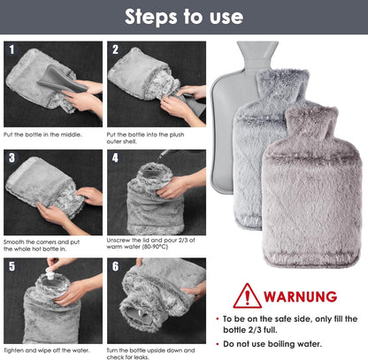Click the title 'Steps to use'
[x=184, y=16]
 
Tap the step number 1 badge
[x=12, y=50]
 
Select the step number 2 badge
[x=116, y=50]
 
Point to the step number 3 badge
[x=12, y=159]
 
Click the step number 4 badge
[x=116, y=159]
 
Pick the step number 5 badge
[x=12, y=266]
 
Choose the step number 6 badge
[x=116, y=266]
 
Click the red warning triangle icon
[x=247, y=295]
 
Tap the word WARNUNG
[x=301, y=296]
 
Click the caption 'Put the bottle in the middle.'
[x=44, y=134]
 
